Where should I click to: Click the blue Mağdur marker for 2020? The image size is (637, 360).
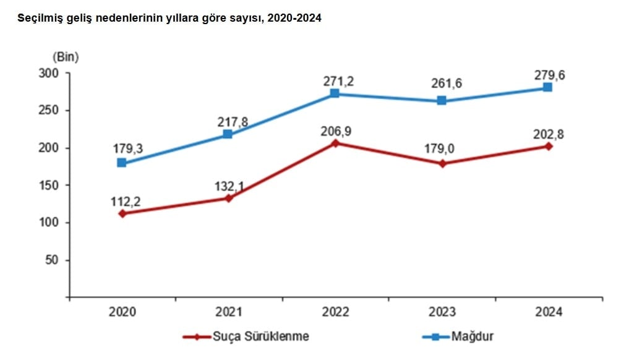click(122, 163)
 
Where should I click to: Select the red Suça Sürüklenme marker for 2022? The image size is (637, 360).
click(335, 143)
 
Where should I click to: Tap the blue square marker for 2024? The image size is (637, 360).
click(547, 87)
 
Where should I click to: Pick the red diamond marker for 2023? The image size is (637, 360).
click(441, 164)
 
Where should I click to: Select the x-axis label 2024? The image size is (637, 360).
click(547, 312)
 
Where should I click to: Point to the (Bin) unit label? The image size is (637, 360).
click(66, 57)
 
